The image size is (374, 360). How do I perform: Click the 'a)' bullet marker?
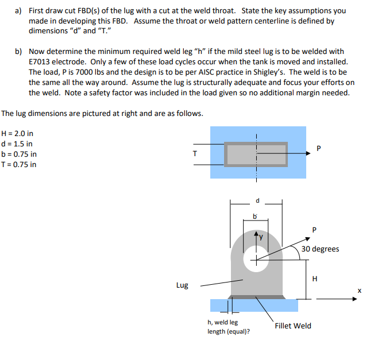tap(18, 10)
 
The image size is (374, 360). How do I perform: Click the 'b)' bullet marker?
tap(18, 52)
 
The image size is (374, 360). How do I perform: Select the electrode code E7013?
tap(41, 62)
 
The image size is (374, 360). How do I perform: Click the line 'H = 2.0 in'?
tap(18, 133)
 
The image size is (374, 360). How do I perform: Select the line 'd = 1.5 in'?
tap(17, 144)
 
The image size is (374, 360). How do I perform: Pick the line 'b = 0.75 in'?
tap(20, 154)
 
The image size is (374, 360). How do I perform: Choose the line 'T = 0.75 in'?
tap(20, 164)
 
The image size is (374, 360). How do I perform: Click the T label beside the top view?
tap(195, 153)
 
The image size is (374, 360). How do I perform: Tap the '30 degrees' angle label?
tap(321, 249)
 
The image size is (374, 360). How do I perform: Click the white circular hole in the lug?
tap(256, 258)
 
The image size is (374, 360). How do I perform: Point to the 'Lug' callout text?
tap(182, 285)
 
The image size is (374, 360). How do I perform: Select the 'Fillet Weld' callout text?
tap(293, 326)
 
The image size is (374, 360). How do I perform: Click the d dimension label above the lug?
tap(257, 201)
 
